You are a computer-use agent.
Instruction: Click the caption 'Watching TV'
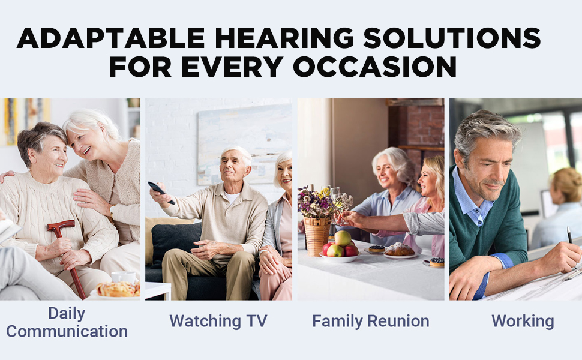[x=218, y=321]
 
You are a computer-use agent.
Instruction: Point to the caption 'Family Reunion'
[x=370, y=321]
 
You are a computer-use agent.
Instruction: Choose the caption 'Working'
[x=522, y=321]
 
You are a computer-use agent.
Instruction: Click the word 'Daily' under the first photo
[x=67, y=313]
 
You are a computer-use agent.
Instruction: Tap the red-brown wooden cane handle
[x=61, y=227]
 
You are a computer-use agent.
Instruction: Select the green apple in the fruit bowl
[x=343, y=238]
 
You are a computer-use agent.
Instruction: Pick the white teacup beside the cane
[x=124, y=277]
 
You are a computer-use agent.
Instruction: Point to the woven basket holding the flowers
[x=316, y=234]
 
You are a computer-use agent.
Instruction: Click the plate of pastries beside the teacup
[x=118, y=290]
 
